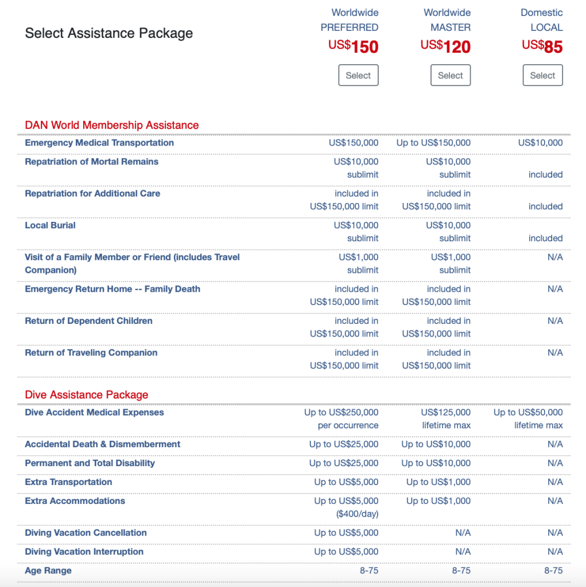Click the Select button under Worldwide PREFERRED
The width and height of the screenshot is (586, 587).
358,75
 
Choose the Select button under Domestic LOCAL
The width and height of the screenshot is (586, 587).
542,75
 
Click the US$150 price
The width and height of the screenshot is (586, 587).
354,46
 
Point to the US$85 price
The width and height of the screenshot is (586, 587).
542,46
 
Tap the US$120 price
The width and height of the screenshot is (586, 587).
445,46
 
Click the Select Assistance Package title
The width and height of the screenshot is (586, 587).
109,33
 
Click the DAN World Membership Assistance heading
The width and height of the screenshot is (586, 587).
112,125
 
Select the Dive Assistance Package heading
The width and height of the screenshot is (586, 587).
87,394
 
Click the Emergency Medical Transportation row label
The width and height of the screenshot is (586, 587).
99,143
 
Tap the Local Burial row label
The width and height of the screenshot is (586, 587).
51,225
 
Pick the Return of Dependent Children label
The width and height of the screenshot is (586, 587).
89,321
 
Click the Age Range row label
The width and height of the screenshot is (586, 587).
48,570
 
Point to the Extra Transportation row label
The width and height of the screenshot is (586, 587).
68,482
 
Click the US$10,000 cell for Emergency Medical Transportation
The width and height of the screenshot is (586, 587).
540,143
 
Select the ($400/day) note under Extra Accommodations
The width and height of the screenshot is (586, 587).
357,514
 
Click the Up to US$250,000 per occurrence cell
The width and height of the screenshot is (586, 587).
341,418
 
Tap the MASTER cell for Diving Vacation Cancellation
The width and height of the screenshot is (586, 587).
463,533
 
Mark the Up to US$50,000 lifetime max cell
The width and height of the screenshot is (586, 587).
528,418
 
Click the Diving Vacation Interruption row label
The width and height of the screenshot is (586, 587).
84,551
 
